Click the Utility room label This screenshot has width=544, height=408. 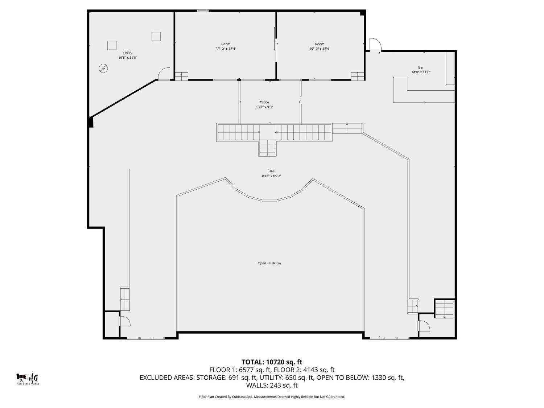coord(128,53)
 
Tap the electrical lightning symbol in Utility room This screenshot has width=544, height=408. coord(103,68)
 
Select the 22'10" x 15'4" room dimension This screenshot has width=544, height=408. coord(226,49)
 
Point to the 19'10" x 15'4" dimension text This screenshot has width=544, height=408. coord(320,49)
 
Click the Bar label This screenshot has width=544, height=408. coord(421,67)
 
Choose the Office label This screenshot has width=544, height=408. coord(264,102)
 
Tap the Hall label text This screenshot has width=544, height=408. coord(271,171)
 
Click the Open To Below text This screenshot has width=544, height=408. coord(269,263)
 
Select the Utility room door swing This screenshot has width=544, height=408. coord(164,74)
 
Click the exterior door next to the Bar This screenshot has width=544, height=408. coord(375,45)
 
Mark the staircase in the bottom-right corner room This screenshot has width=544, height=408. coord(444,309)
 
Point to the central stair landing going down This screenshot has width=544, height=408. coord(267,148)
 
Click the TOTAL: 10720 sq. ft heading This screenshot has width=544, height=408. coord(272,362)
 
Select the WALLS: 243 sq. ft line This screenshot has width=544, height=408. coord(272,385)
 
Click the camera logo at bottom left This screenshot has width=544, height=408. coord(22,377)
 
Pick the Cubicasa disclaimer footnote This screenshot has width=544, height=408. coord(272,397)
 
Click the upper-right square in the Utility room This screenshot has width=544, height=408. coord(156,36)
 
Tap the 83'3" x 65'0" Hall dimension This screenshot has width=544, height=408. coord(271,176)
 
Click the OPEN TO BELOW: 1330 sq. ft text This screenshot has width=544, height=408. coord(360,378)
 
